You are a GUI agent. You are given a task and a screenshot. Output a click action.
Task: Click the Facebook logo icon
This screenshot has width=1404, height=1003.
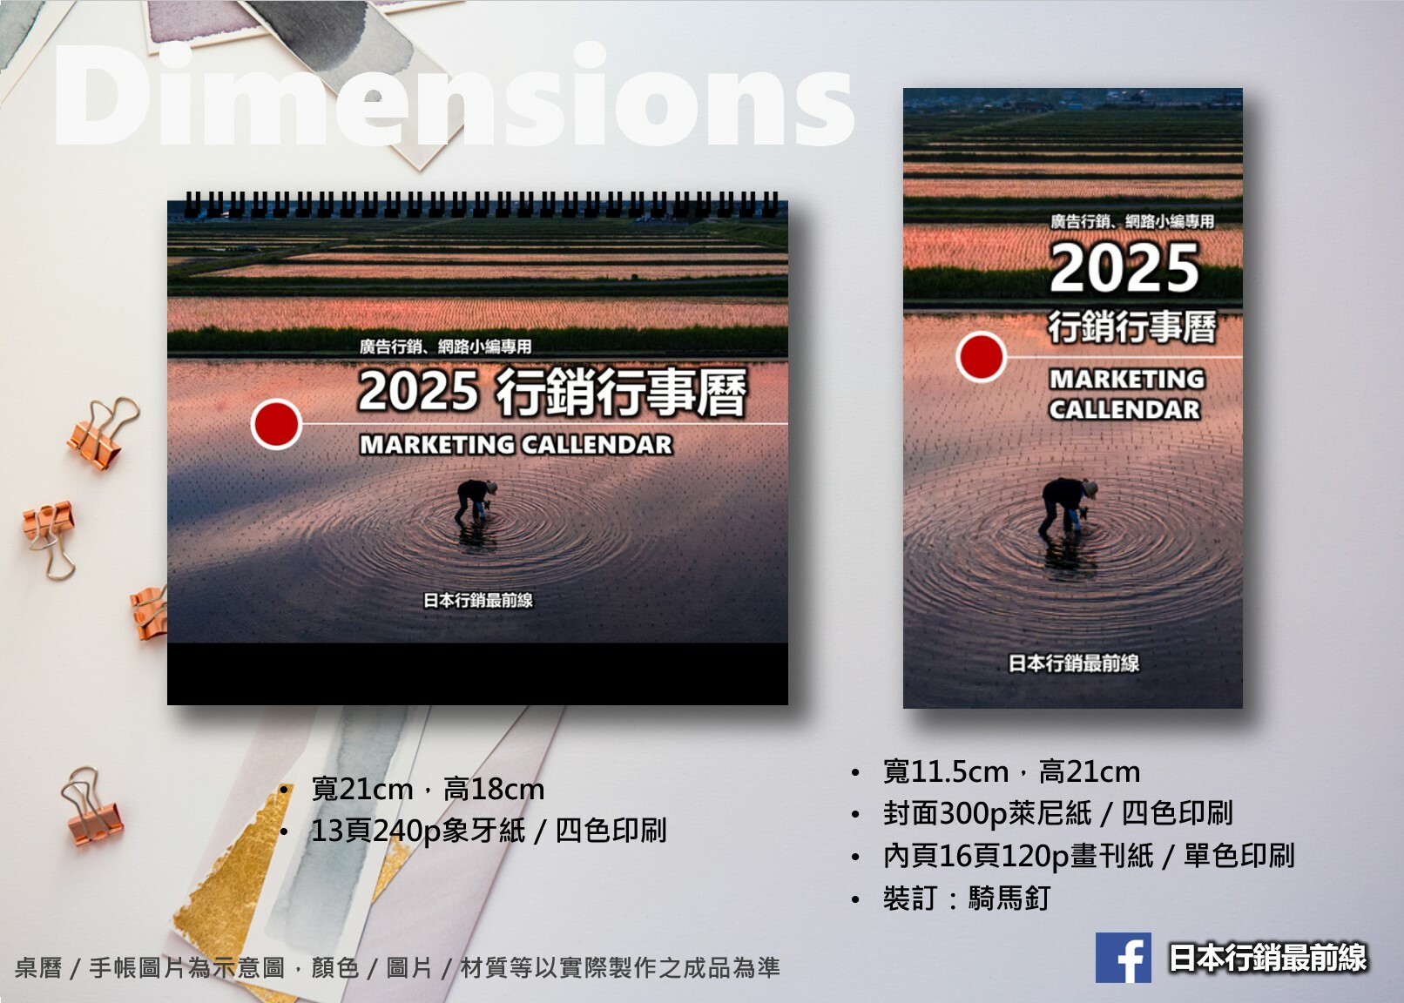click(1124, 957)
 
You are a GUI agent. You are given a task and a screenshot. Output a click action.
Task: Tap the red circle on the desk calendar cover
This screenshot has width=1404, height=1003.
click(276, 424)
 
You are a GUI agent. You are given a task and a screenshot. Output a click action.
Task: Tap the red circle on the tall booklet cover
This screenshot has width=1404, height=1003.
click(981, 356)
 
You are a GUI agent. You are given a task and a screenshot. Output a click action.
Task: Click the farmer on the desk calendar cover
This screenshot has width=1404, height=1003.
click(476, 501)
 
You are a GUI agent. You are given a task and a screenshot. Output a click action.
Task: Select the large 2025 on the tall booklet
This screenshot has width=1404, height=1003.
click(1124, 268)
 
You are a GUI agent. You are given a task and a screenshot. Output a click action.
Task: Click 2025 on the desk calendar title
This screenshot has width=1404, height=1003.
click(419, 390)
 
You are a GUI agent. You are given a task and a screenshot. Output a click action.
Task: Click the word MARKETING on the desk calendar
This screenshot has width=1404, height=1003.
click(437, 445)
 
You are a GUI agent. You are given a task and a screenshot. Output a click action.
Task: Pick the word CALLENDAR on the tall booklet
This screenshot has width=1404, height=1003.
click(1125, 410)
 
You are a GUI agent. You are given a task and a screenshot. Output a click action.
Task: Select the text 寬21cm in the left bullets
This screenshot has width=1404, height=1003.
click(362, 790)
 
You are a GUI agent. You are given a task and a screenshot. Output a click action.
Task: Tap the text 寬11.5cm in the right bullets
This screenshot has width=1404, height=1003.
click(946, 771)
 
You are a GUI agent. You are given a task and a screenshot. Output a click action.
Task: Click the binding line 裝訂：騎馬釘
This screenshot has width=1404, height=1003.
click(967, 899)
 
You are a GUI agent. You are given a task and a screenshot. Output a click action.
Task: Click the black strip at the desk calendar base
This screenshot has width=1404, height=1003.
click(477, 674)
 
